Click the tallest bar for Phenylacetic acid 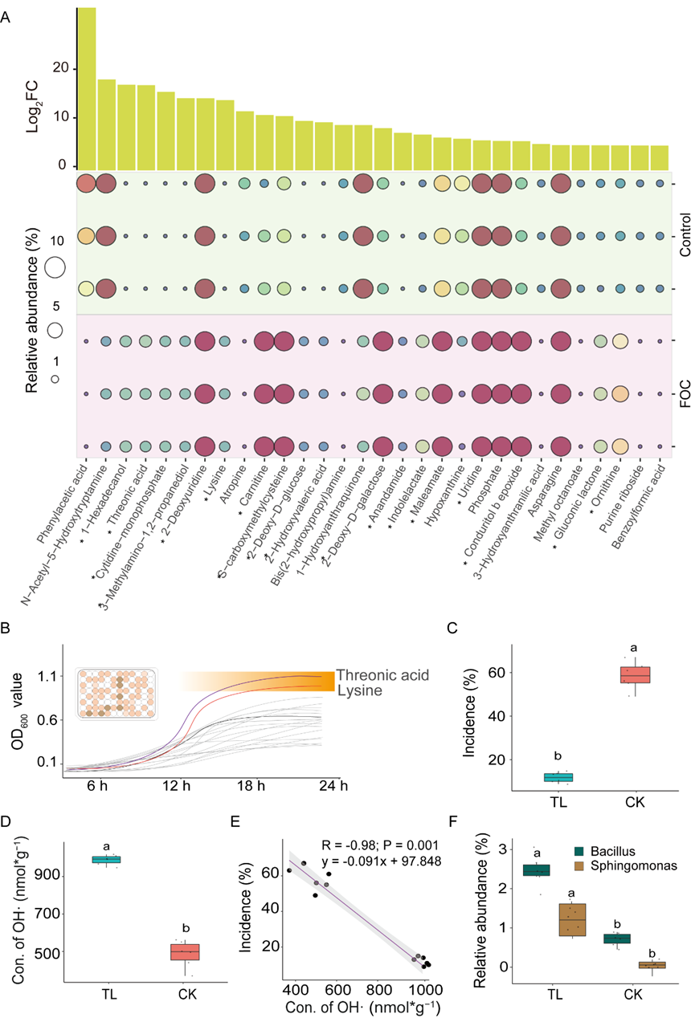(86, 88)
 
